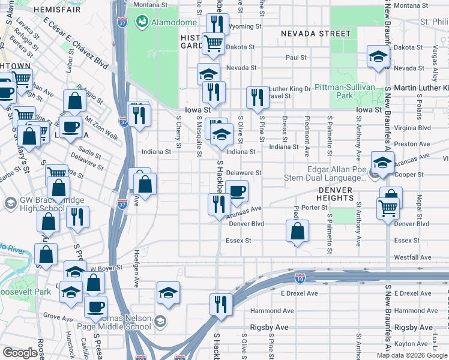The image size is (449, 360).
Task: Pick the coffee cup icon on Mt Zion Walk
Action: pyautogui.click(x=70, y=127)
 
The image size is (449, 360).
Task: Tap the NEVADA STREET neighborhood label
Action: pyautogui.click(x=306, y=34)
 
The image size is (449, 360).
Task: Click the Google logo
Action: pyautogui.click(x=20, y=353)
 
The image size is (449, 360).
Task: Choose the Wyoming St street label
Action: pyautogui.click(x=245, y=26)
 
